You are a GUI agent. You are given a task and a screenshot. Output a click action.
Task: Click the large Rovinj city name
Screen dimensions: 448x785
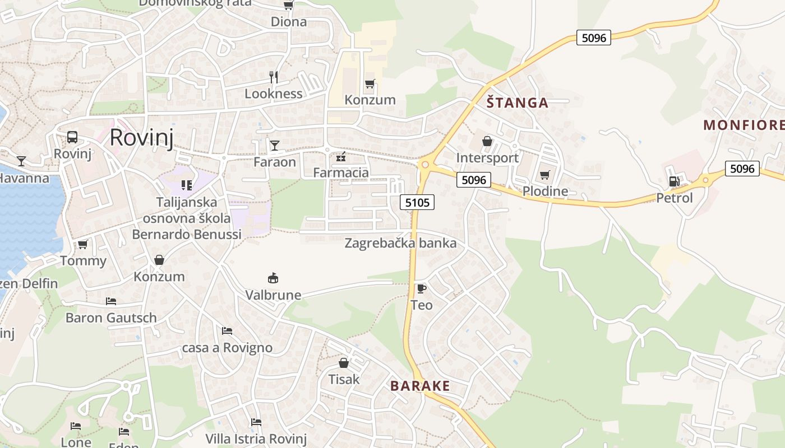click(141, 137)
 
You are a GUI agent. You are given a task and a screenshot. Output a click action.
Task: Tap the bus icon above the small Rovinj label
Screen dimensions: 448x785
click(72, 137)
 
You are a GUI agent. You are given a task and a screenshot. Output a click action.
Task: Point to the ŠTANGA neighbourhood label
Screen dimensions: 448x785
click(517, 102)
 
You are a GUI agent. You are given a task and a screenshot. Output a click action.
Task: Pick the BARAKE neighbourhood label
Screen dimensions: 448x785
click(420, 386)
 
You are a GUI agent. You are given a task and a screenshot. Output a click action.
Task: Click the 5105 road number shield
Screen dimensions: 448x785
click(418, 202)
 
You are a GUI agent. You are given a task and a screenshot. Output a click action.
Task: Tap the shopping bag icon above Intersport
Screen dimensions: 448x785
click(487, 141)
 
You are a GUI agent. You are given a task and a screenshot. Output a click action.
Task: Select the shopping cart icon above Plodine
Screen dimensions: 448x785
click(544, 175)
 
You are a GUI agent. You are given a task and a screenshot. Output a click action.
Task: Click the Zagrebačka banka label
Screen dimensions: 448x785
click(400, 243)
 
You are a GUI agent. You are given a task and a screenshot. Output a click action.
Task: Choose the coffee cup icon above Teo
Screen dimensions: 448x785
click(422, 288)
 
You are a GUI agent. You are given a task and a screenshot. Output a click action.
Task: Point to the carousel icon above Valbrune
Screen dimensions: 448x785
click(273, 278)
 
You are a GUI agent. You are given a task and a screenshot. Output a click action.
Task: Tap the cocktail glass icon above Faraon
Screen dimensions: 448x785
click(274, 146)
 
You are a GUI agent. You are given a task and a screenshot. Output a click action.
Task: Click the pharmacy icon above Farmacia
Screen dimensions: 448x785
click(340, 157)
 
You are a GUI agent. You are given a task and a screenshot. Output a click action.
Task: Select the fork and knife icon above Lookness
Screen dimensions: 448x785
click(274, 77)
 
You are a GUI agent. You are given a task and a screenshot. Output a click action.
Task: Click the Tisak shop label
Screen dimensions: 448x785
click(344, 379)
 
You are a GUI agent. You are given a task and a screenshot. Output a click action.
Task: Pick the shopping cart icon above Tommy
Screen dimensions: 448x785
click(83, 244)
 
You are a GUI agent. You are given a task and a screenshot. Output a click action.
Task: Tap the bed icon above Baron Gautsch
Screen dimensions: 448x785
click(111, 301)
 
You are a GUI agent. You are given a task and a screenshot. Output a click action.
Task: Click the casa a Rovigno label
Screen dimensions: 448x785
click(227, 347)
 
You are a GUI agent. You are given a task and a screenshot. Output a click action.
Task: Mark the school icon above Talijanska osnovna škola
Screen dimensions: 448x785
click(187, 185)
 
